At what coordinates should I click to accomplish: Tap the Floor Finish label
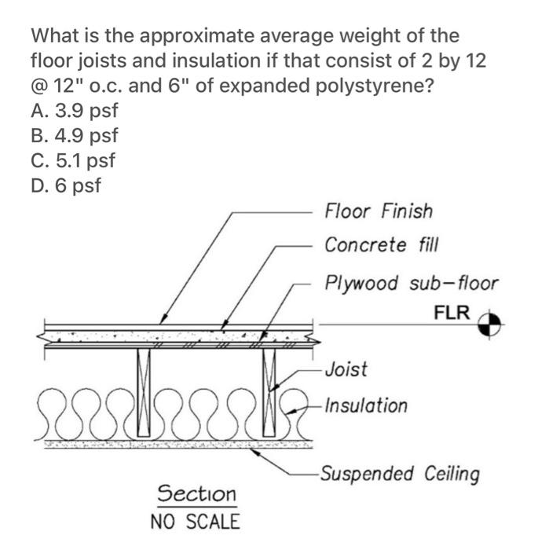(x=378, y=211)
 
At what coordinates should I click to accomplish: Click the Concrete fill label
(x=377, y=245)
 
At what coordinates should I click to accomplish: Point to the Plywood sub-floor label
(x=411, y=283)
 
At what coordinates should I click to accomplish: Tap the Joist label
(x=346, y=368)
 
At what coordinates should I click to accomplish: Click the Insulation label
(x=366, y=406)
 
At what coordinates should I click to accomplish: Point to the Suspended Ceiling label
(x=400, y=474)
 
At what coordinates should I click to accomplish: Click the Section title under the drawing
(x=196, y=493)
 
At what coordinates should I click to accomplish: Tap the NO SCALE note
(x=195, y=521)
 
